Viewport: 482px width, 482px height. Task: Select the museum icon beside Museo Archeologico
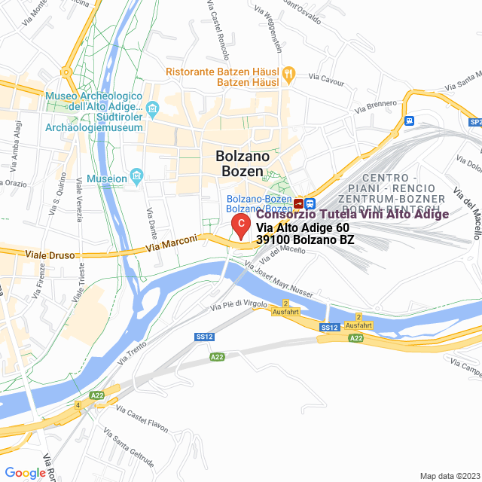[x=153, y=111]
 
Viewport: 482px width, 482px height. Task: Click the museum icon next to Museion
[x=137, y=178]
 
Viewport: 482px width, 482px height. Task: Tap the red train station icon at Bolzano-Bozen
[x=300, y=203]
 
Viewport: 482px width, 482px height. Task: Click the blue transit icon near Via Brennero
[x=409, y=120]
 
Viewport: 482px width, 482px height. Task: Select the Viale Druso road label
[x=50, y=255]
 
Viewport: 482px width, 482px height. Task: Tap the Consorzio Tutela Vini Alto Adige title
[x=352, y=215]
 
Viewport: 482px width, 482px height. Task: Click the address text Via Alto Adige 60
[x=303, y=227]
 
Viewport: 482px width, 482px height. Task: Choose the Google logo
[x=25, y=473]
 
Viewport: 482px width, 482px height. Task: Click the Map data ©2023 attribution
[x=449, y=476]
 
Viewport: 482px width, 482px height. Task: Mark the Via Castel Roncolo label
[x=215, y=29]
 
